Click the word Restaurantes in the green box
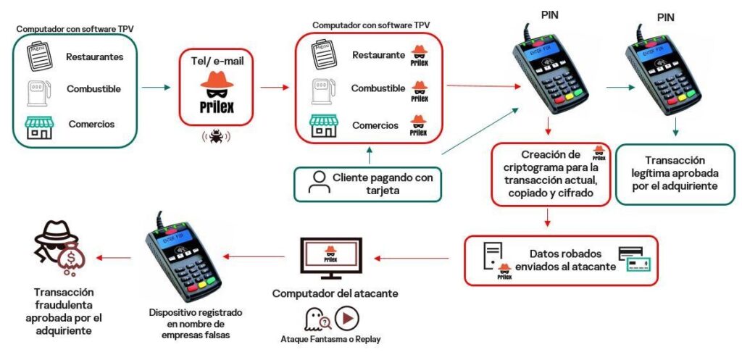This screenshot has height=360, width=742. click(95, 56)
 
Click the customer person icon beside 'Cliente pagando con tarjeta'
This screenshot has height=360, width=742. click(317, 183)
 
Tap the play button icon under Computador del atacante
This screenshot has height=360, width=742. click(347, 319)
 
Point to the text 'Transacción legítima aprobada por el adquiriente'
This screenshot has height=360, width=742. click(675, 174)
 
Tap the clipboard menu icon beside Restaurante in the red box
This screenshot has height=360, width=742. click(322, 55)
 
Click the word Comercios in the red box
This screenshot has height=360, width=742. click(375, 125)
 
